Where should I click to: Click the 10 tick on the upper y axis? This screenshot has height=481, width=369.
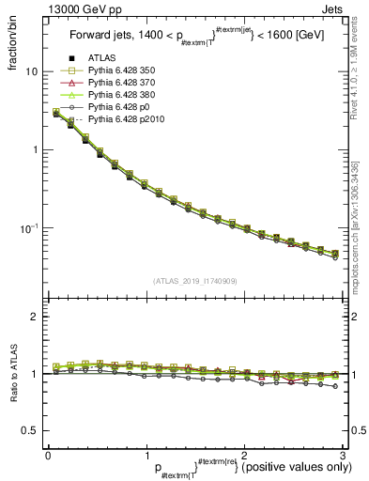(32, 71)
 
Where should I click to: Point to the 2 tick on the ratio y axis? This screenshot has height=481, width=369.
(35, 318)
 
